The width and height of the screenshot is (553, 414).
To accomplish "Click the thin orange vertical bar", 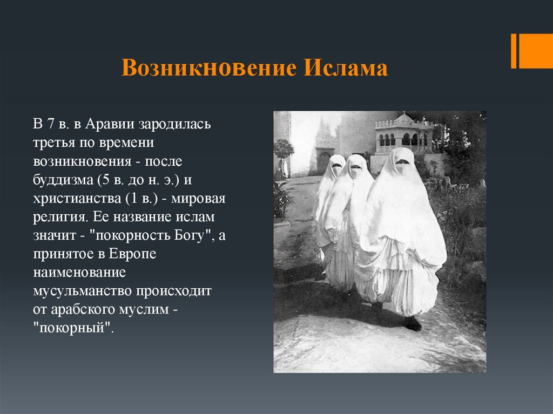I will pyautogui.click(x=514, y=51).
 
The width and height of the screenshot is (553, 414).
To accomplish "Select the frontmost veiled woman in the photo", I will pyautogui.click(x=400, y=232).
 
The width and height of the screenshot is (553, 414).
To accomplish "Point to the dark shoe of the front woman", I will pyautogui.click(x=413, y=323).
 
